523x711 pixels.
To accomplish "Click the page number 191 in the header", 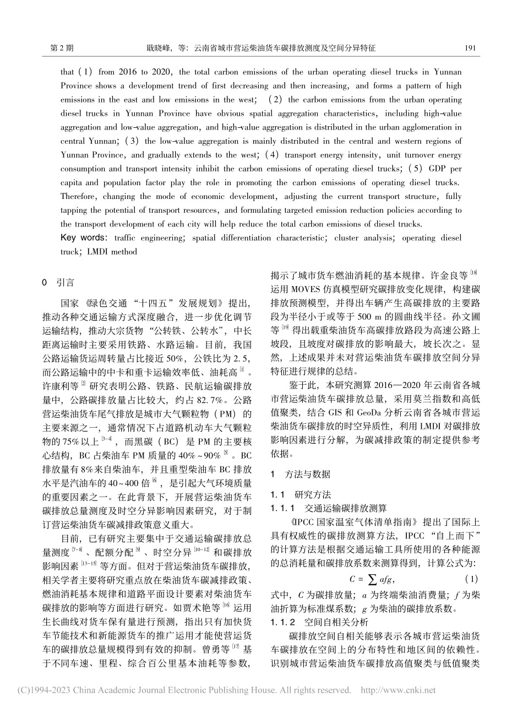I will [470, 48].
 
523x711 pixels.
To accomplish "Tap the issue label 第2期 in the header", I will [62, 48].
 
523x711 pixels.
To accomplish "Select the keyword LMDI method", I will [110, 251].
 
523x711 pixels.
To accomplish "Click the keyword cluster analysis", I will [374, 238].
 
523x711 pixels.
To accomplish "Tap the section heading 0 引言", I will [58, 283].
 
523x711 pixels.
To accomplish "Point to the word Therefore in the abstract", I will [79, 196].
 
